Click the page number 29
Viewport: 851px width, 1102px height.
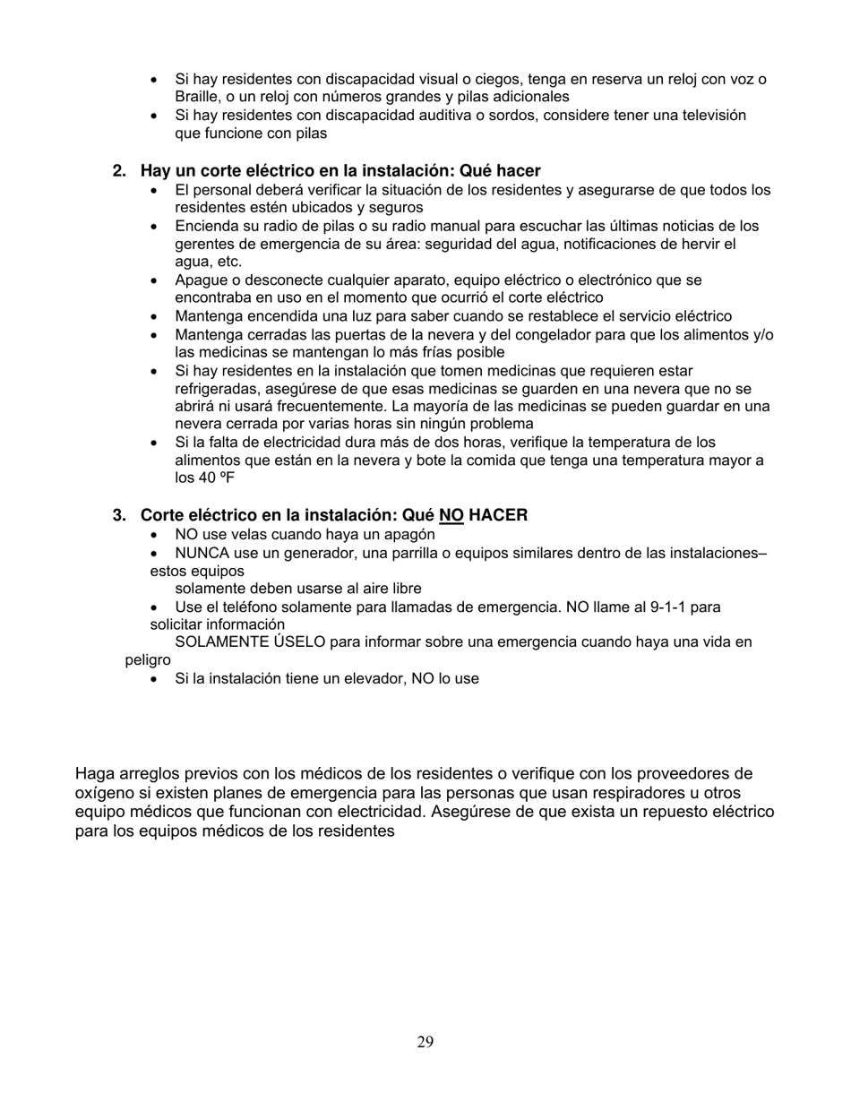425,1041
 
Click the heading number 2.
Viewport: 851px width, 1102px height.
117,170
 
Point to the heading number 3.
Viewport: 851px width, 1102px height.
117,515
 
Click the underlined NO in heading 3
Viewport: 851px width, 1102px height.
451,515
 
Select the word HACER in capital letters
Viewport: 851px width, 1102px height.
498,515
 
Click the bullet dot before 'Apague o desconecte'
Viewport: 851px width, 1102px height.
156,280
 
